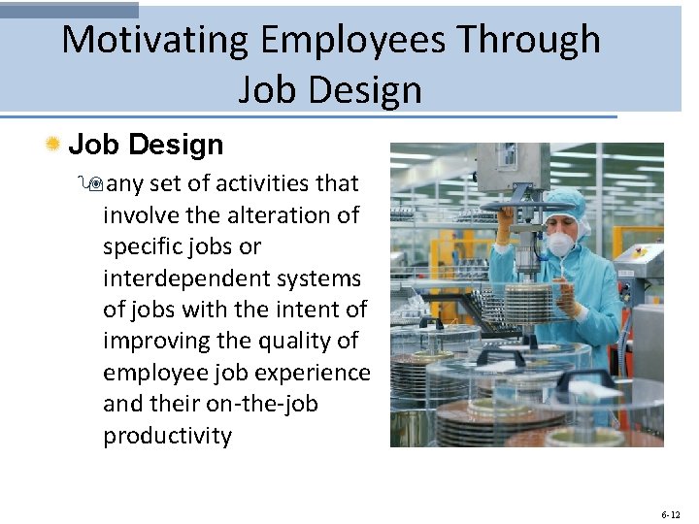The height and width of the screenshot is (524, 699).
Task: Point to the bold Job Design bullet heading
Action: coord(146,145)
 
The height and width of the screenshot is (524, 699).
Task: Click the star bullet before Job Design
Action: coord(53,145)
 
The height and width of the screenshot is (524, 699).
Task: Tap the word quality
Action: coord(295,342)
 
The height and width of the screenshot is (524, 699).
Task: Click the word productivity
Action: coord(168,436)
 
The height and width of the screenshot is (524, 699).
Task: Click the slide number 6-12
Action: coord(670,514)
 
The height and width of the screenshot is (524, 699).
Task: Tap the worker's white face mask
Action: coord(562,243)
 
